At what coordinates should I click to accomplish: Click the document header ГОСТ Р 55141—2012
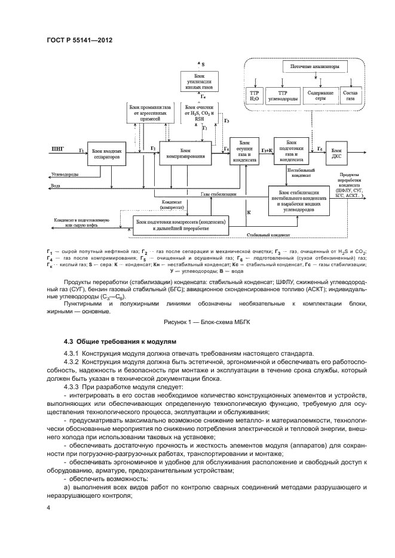[x=79, y=41]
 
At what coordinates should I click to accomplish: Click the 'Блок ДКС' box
[x=338, y=152]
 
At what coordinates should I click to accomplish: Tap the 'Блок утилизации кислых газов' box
[x=200, y=81]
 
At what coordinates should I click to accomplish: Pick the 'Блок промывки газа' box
[x=149, y=113]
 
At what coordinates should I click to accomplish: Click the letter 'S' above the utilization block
[x=203, y=63]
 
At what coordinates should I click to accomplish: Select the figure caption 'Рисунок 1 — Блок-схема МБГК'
[x=197, y=322]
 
